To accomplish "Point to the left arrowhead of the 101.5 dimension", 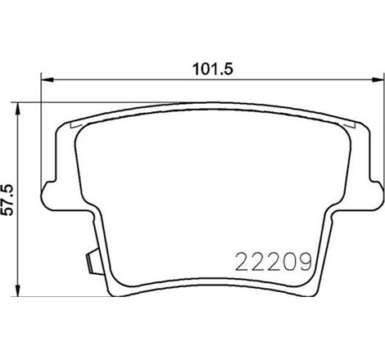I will point(46,80).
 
